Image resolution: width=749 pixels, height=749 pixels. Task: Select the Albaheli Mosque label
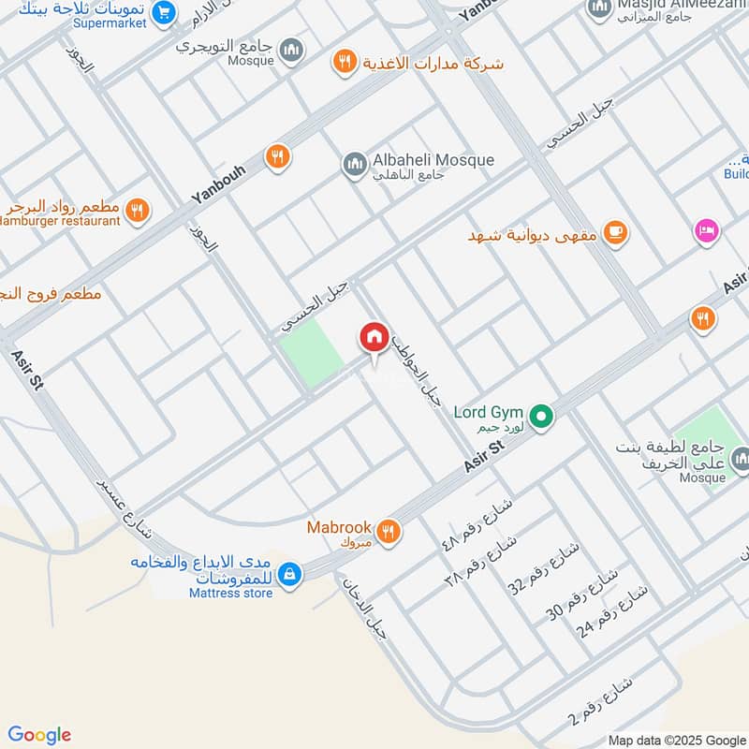coord(433,160)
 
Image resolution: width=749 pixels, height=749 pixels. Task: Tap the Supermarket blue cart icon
coord(165,12)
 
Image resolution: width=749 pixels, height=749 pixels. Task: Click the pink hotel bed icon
coord(705,229)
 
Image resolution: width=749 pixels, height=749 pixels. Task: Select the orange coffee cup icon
coord(614,232)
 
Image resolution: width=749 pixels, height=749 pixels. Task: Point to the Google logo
coord(39,735)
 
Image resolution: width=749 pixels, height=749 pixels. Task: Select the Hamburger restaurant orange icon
coord(138,211)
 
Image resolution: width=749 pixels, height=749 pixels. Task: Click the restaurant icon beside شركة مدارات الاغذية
coord(345,63)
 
